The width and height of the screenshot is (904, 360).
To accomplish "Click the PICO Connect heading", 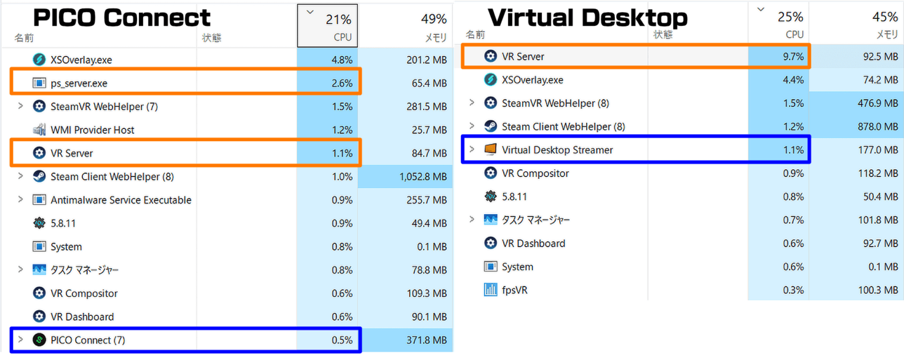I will pos(122,18).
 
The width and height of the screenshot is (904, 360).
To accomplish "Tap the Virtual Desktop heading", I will pos(587,18).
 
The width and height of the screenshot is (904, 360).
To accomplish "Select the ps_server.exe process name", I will pos(79,84).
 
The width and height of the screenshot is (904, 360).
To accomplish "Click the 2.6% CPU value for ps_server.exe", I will pos(342,84).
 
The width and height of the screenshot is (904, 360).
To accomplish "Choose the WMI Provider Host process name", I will pos(92,130).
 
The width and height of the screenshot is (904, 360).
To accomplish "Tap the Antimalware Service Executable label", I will pos(121,200).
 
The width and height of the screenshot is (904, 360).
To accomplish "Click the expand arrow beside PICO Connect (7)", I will pos(21,339).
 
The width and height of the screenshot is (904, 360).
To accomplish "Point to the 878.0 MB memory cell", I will pos(877,126).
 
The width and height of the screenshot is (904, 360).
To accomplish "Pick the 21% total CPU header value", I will pos(338,19).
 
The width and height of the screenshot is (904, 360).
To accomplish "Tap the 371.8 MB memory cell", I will pos(427,340).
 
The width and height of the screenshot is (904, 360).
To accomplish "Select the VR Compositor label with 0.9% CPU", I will pos(535,174).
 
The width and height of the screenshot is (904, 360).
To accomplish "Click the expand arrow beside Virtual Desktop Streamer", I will pos(471,149).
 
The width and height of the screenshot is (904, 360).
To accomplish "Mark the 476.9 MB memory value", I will pos(877,104).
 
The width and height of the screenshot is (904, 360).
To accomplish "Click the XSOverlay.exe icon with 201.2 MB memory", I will pos(39,59).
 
